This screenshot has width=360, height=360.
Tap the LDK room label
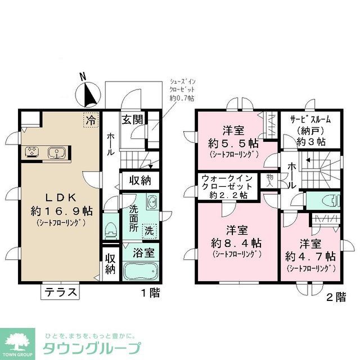click(x=58, y=199)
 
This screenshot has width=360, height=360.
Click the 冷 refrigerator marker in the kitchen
click(x=89, y=120)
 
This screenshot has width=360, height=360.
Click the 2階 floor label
click(x=335, y=298)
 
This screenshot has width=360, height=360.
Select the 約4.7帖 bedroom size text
click(x=310, y=256)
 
